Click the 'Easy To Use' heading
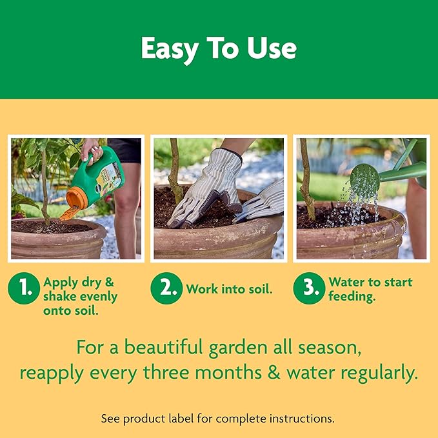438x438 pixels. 219,49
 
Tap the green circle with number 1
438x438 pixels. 24,290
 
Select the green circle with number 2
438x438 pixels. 166,290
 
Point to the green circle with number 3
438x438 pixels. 308,290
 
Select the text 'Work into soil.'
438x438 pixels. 229,290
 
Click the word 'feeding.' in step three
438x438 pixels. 353,297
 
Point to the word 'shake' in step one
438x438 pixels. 58,297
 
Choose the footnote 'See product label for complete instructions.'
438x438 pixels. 218,418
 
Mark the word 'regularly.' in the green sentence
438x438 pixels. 373,373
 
